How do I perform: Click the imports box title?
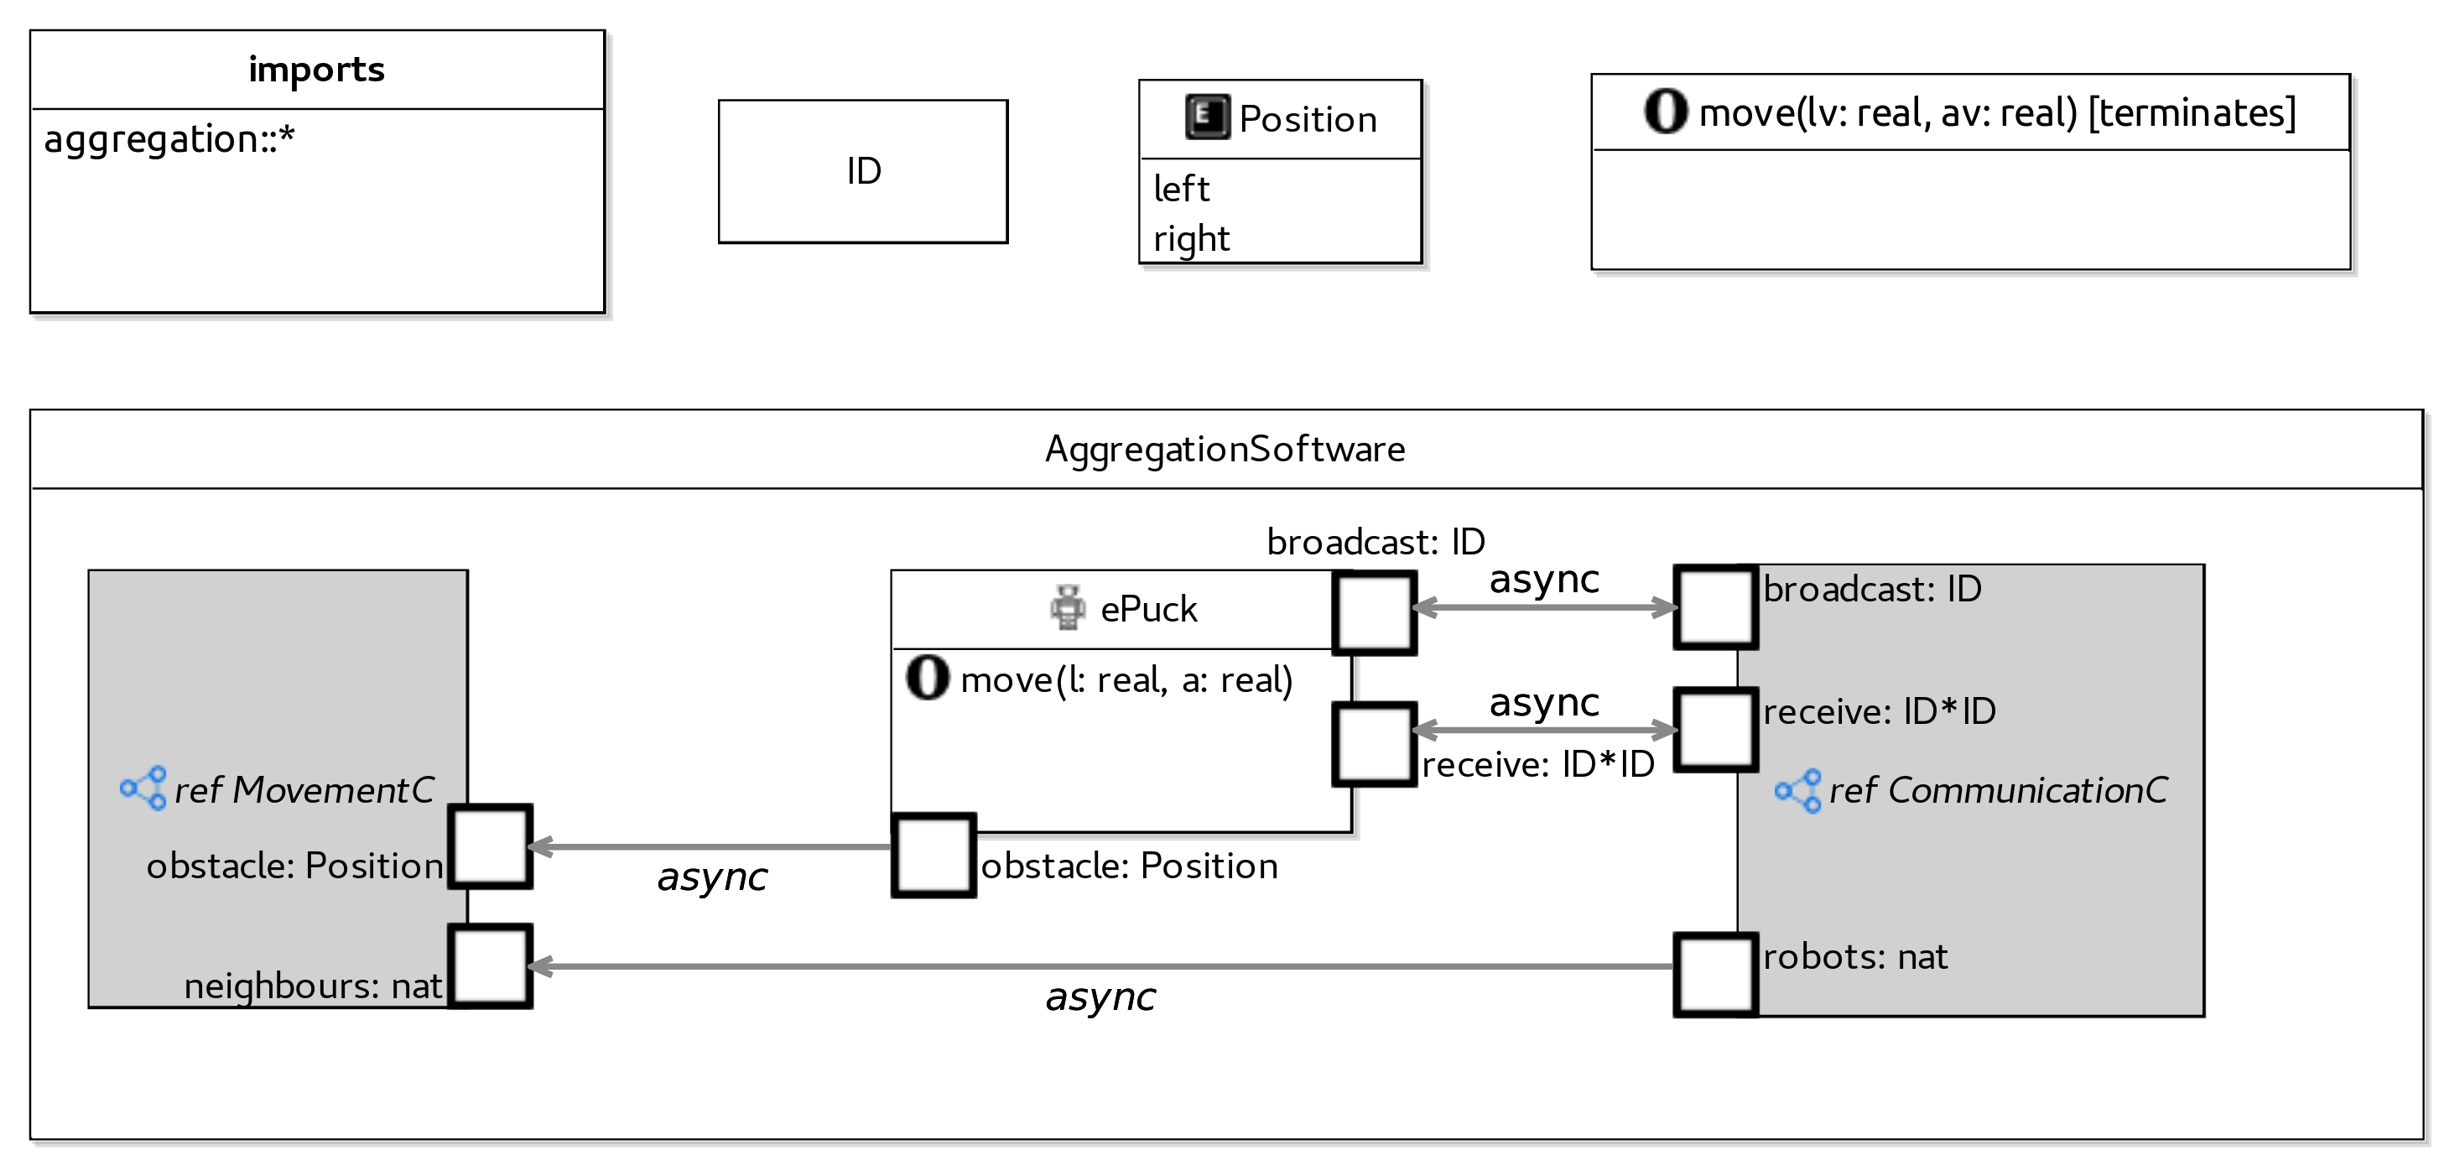316,70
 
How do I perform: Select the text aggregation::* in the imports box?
169,139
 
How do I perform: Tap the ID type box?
862,171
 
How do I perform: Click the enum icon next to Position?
1207,117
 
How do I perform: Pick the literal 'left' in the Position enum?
1181,190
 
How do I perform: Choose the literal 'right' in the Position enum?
1191,238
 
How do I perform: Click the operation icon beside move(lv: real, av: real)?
1666,111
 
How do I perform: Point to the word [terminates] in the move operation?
2192,112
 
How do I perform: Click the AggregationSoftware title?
1225,449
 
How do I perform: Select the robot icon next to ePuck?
1068,607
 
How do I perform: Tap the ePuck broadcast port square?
1374,612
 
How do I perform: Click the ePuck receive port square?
1374,744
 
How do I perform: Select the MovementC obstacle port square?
490,846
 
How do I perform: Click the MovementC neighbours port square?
490,965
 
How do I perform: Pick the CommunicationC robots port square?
1715,975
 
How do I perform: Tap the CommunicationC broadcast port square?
1715,606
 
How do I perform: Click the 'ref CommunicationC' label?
1997,790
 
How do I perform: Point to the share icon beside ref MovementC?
143,788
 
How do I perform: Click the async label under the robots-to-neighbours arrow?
1100,997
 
